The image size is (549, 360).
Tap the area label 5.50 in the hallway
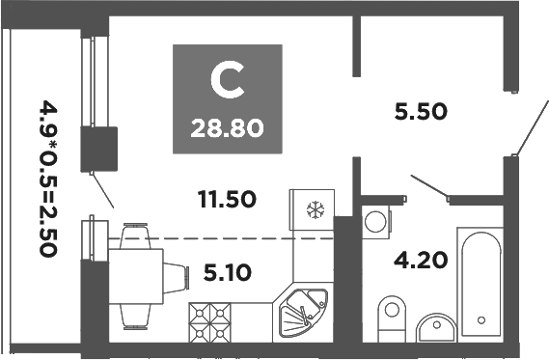(420, 111)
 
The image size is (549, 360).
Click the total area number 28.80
(229, 126)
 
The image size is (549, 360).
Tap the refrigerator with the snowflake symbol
(313, 210)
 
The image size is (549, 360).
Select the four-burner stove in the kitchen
(212, 321)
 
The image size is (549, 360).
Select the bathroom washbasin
(438, 328)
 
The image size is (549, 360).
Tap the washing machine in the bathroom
(375, 221)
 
